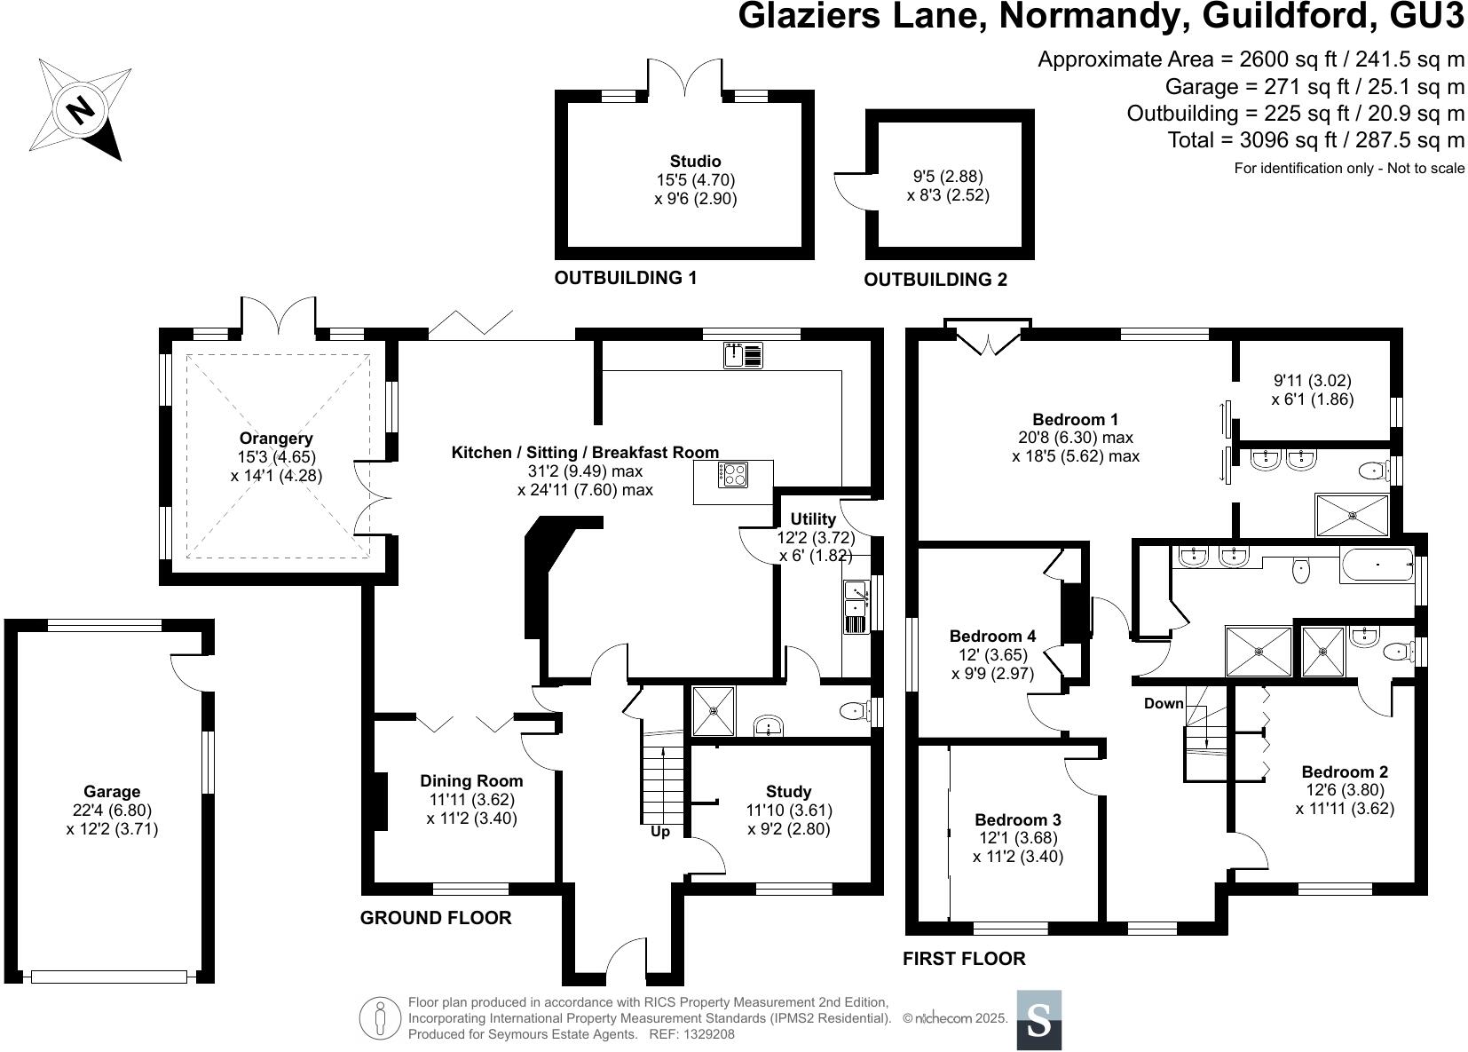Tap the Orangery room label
point(276,439)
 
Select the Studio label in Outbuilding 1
point(695,162)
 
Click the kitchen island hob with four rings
point(733,475)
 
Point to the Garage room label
point(112,791)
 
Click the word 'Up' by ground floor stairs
point(660,832)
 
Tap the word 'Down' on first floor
point(1163,703)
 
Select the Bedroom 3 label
point(1017,819)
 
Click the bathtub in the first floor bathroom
point(1376,566)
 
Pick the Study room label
point(788,791)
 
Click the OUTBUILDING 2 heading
point(935,280)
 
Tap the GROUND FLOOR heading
point(436,918)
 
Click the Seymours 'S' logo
point(1038,1021)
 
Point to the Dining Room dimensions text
point(471,809)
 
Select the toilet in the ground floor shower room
point(854,711)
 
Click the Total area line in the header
point(1315,140)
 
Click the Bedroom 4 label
point(992,636)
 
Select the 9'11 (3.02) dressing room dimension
point(1312,381)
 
